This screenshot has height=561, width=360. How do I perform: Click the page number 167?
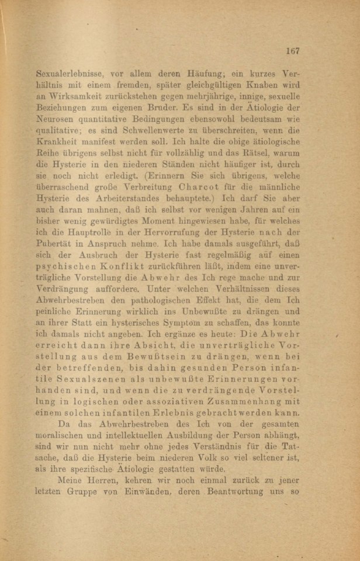pyautogui.click(x=292, y=51)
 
